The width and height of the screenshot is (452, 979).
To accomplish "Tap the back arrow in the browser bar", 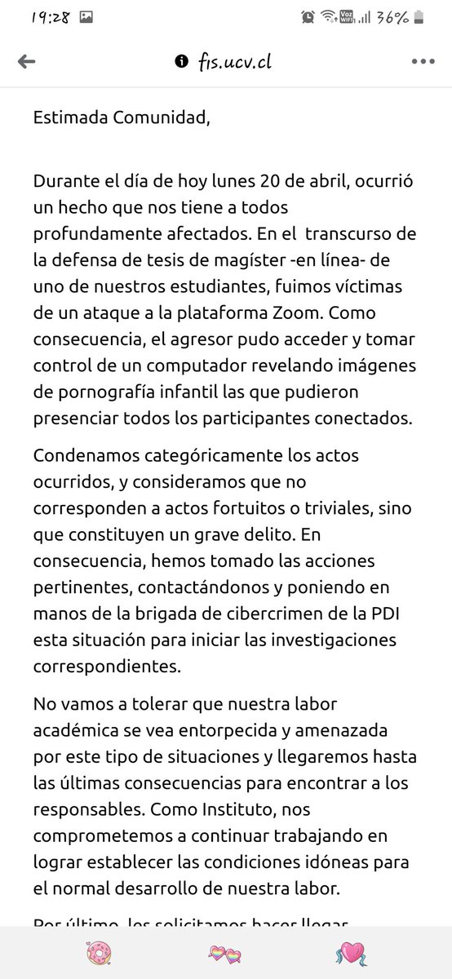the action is pos(26,61).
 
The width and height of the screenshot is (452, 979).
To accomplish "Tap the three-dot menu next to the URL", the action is pos(423,61).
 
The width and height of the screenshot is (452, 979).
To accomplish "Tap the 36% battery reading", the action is pos(415,16).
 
